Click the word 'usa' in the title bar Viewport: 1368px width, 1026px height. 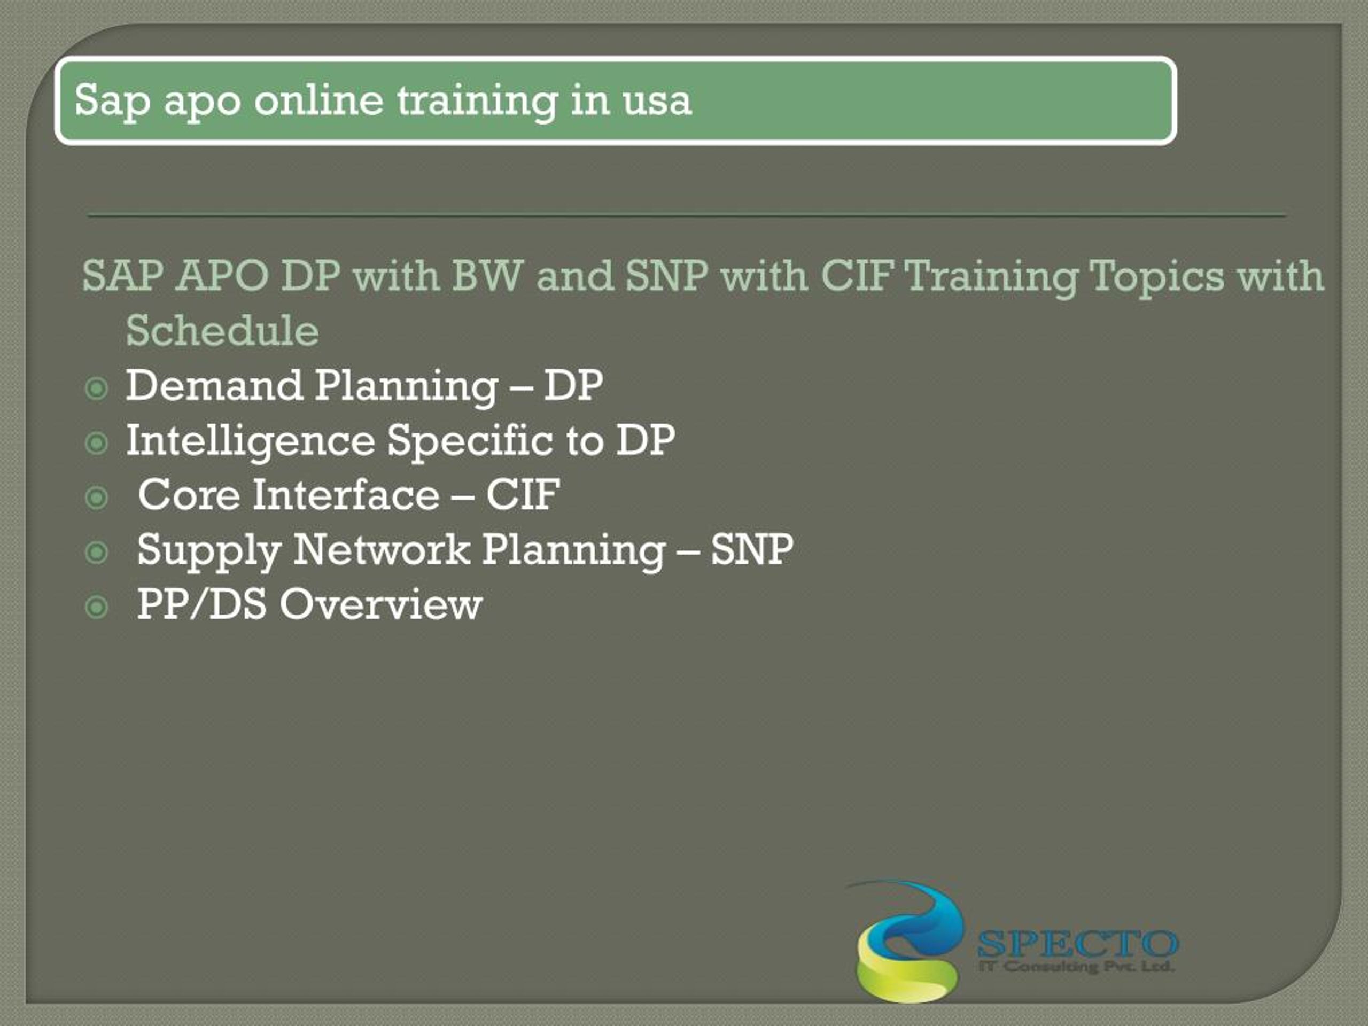coord(657,101)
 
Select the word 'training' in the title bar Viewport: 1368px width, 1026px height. coord(476,101)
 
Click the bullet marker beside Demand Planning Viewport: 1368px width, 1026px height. coord(97,389)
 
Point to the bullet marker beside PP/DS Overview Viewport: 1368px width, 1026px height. coord(97,607)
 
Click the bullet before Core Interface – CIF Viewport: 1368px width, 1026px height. coord(97,498)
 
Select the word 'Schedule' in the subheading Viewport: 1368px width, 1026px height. coord(222,331)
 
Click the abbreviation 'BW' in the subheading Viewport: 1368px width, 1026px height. coord(488,276)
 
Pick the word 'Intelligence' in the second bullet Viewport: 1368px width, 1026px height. coord(250,441)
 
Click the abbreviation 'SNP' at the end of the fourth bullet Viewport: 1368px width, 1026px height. coord(751,549)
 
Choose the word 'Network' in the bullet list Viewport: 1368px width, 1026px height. coord(381,549)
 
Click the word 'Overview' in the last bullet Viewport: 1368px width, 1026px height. coord(380,604)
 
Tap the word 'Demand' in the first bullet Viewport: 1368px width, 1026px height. coord(213,386)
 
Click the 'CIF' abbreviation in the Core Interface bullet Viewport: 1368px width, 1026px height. coord(523,495)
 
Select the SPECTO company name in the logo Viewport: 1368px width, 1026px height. coord(1077,944)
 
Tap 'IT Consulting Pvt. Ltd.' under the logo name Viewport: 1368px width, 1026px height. coord(1076,966)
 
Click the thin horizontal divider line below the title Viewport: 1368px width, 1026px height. coord(687,216)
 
